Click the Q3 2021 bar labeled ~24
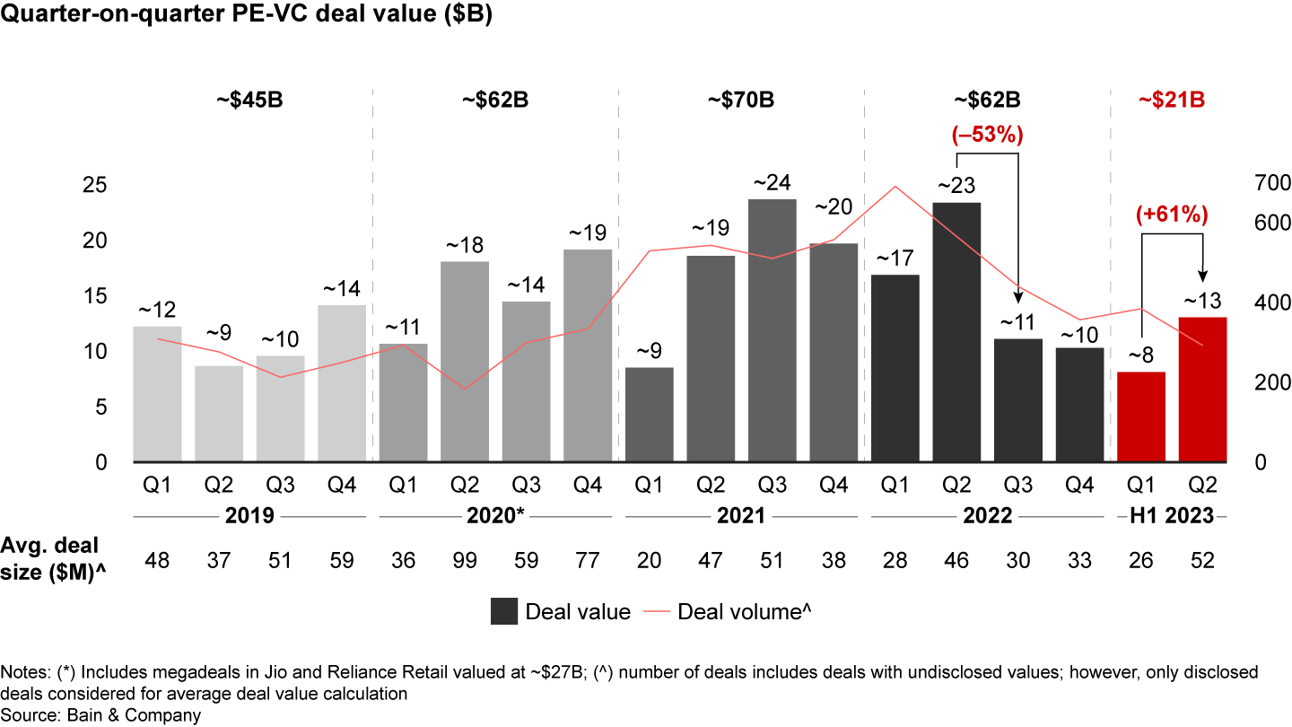773,330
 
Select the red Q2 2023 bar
1202,390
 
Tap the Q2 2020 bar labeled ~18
465,362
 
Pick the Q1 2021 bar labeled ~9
650,415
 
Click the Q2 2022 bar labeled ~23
956,332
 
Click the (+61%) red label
1172,215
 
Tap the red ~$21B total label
1171,100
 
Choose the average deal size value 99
465,561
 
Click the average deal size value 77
588,561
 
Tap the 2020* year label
495,516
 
